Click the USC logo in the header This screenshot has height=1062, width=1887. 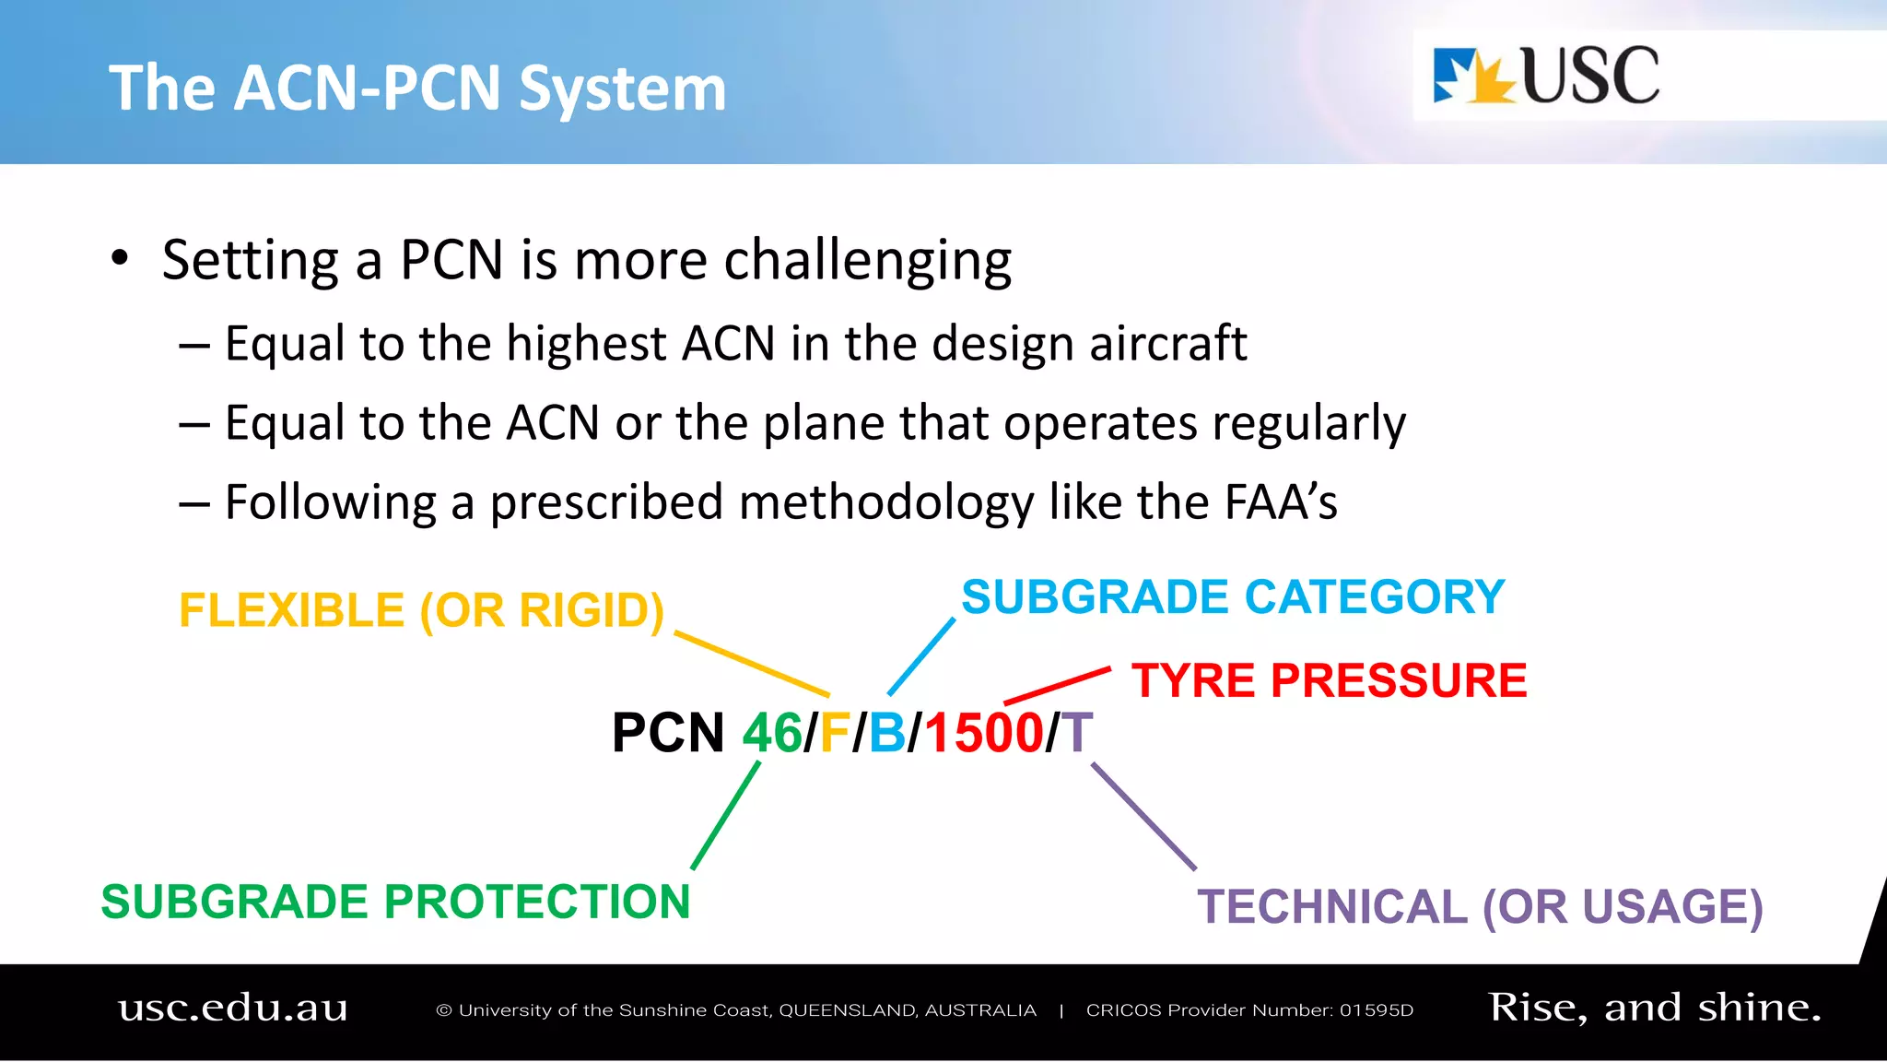pos(1546,76)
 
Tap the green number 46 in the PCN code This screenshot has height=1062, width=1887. pos(772,734)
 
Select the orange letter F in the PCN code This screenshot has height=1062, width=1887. pos(834,734)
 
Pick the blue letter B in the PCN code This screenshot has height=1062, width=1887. pos(887,734)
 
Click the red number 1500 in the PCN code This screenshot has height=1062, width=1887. pos(983,734)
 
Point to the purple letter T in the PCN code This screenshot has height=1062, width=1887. pos(1076,734)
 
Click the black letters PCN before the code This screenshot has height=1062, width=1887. pos(668,734)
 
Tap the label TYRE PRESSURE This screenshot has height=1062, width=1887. pos(1329,681)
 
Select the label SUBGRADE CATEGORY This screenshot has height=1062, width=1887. pos(1233,597)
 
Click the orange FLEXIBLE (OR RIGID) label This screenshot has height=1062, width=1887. pos(421,610)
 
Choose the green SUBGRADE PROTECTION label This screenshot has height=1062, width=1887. pos(395,902)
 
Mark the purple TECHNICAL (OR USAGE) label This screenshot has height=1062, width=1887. pos(1480,907)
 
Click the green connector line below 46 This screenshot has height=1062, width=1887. pos(726,815)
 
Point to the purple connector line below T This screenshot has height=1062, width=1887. pos(1143,816)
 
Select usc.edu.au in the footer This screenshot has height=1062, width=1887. pos(233,1008)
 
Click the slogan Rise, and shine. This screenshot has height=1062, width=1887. pos(1655,1008)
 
